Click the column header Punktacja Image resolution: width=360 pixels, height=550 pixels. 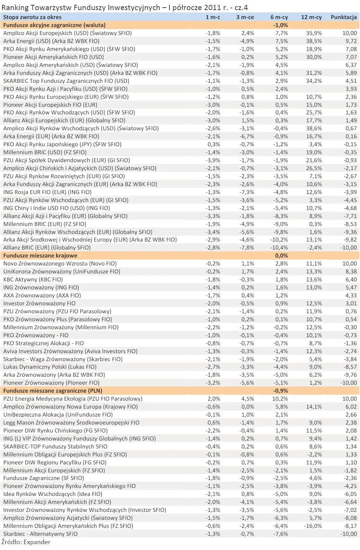(343, 17)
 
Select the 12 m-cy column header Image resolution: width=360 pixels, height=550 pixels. (311, 17)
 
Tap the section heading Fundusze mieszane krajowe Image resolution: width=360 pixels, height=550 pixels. (40, 255)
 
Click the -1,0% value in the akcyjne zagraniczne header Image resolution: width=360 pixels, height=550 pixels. (280, 25)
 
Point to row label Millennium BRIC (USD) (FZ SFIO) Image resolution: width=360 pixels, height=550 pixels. (45, 152)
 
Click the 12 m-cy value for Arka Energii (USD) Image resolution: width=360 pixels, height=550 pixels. (314, 41)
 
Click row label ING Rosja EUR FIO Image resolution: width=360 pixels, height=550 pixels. (47, 192)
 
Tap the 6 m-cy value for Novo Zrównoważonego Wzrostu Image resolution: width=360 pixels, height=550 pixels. (282, 263)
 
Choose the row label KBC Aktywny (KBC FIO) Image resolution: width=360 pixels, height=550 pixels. (33, 279)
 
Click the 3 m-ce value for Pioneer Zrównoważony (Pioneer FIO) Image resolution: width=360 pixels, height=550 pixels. (247, 383)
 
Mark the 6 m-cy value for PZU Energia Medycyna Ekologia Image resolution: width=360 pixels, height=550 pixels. (280, 399)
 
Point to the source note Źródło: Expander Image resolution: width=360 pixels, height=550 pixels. (26, 542)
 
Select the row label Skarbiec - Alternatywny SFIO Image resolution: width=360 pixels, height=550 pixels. (41, 534)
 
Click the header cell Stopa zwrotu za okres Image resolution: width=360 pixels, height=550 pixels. (32, 17)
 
